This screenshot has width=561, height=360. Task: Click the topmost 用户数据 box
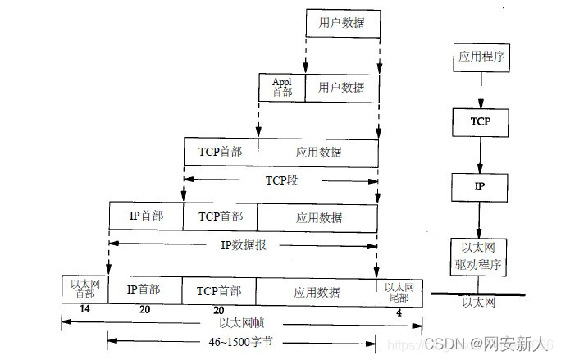pyautogui.click(x=342, y=24)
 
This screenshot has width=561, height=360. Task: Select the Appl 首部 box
pyautogui.click(x=281, y=87)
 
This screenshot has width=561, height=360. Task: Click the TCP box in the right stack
pyautogui.click(x=480, y=121)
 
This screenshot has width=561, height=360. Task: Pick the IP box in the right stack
pyautogui.click(x=480, y=187)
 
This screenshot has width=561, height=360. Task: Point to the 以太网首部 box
pyautogui.click(x=84, y=289)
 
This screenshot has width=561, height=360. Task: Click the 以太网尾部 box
pyautogui.click(x=399, y=289)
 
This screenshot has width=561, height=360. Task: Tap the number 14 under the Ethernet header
pyautogui.click(x=84, y=310)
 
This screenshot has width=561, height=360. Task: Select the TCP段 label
pyautogui.click(x=280, y=178)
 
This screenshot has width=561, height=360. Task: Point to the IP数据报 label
pyautogui.click(x=244, y=244)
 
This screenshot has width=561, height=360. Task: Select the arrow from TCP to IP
pyautogui.click(x=480, y=154)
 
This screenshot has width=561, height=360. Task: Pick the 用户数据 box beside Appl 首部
pyautogui.click(x=342, y=87)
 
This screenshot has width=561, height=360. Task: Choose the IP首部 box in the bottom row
pyautogui.click(x=144, y=289)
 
